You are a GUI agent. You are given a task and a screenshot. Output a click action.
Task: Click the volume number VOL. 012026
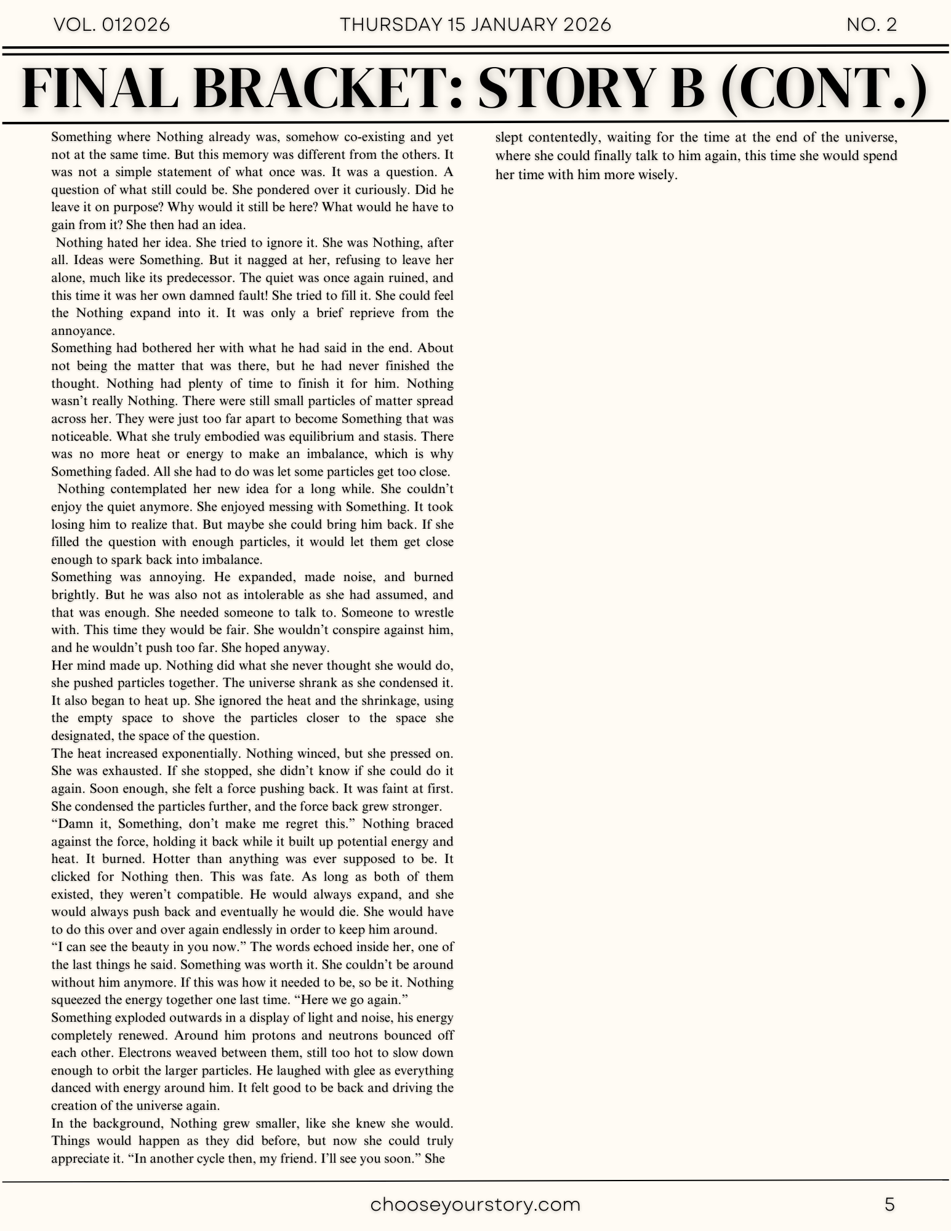click(x=112, y=25)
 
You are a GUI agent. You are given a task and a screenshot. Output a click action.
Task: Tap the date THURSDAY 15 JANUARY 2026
click(x=475, y=25)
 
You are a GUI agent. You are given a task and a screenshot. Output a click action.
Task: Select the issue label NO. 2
click(x=872, y=25)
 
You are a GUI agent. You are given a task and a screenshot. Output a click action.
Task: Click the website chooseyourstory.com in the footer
click(x=475, y=1205)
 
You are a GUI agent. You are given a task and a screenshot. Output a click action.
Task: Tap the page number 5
click(x=889, y=1205)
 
